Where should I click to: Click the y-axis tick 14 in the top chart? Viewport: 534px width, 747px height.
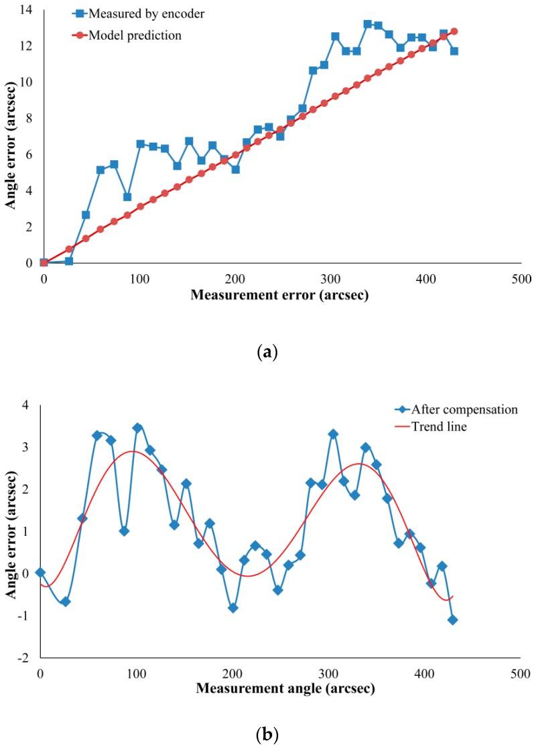pyautogui.click(x=25, y=9)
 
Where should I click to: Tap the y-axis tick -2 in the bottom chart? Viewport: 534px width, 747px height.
pyautogui.click(x=26, y=658)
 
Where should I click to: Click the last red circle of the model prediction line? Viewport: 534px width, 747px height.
pyautogui.click(x=454, y=31)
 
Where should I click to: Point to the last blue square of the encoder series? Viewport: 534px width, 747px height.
pyautogui.click(x=454, y=51)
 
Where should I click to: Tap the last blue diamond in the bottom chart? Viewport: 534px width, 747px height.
pyautogui.click(x=453, y=620)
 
